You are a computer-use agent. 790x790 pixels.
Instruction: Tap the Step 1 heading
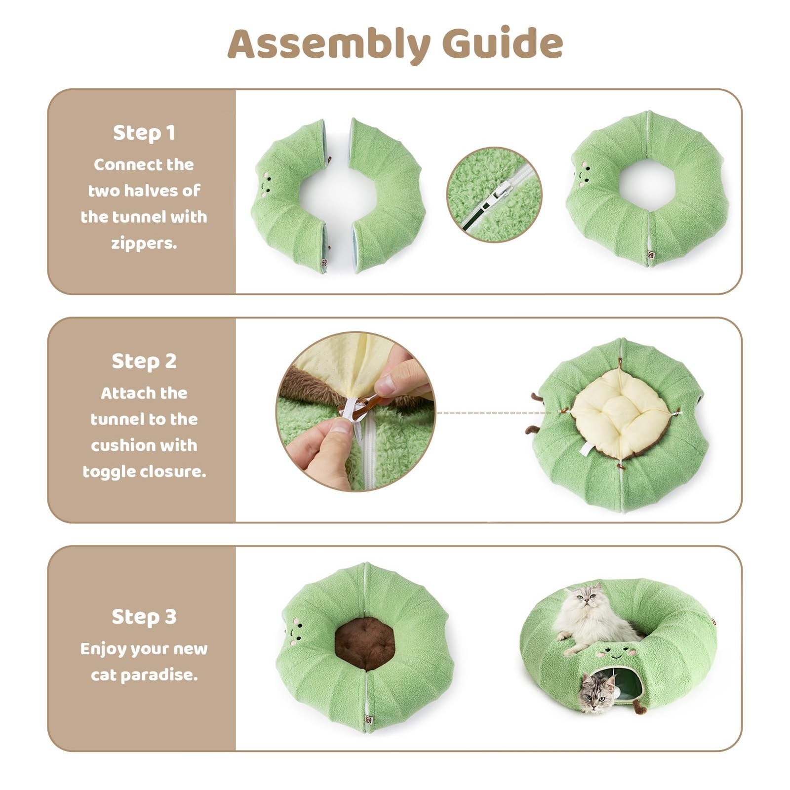click(x=144, y=133)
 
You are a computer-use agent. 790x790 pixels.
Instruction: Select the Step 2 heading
click(x=144, y=361)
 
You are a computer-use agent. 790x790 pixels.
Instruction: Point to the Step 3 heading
click(x=144, y=617)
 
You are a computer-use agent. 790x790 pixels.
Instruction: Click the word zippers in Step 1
click(x=144, y=243)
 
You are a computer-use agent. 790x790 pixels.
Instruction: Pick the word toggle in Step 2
click(x=109, y=472)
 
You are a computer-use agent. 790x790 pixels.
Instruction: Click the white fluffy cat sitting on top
click(x=590, y=617)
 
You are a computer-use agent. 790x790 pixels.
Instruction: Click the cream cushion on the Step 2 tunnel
click(x=620, y=414)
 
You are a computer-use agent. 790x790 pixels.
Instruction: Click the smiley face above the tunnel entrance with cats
click(x=615, y=654)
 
